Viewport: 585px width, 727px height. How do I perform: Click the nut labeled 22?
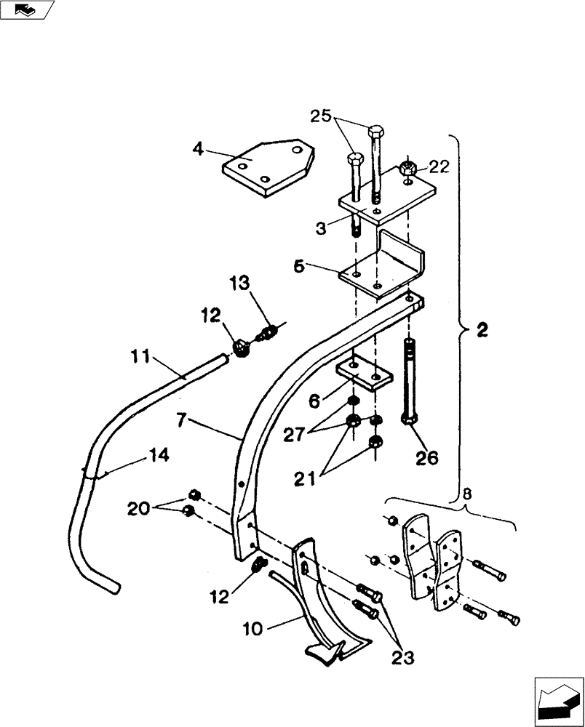408,170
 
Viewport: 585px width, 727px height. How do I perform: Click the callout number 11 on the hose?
142,358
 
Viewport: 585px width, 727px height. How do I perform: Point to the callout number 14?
159,455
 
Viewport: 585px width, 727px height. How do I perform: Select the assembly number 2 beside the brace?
482,330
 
